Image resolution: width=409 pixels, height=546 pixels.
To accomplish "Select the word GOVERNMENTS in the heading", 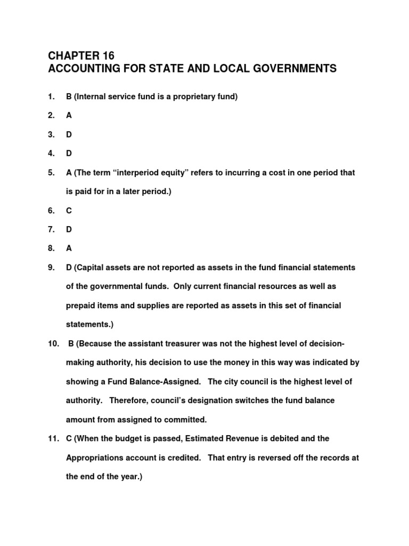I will (x=288, y=69).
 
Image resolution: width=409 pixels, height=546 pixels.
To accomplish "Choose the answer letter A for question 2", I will (x=69, y=115).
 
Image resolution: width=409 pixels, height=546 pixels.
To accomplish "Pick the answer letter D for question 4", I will (x=69, y=154).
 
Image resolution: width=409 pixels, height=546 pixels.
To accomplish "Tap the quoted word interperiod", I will (x=140, y=173).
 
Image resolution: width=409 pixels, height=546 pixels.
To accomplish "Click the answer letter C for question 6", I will (x=69, y=211).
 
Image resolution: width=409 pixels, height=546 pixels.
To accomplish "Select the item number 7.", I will (x=51, y=229).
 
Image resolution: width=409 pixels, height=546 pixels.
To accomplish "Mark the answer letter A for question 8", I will (x=69, y=248).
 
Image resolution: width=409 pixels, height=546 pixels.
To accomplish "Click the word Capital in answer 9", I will (x=92, y=267).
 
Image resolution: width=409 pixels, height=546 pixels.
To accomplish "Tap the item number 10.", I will (x=53, y=343).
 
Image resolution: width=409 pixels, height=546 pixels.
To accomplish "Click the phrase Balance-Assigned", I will (x=167, y=382).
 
